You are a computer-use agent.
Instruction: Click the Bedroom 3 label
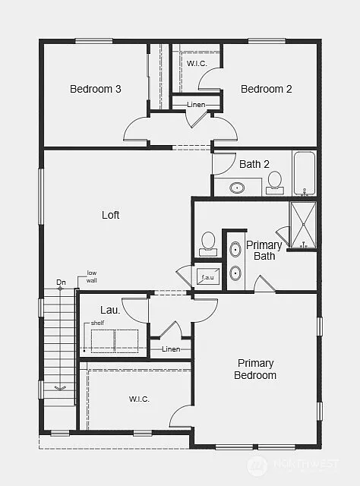pyautogui.click(x=96, y=89)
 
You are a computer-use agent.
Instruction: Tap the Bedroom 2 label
pyautogui.click(x=266, y=89)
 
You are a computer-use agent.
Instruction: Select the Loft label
pyautogui.click(x=111, y=215)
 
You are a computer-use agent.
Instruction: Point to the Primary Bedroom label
pyautogui.click(x=255, y=369)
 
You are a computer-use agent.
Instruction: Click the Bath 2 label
pyautogui.click(x=254, y=164)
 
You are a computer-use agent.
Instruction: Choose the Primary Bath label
pyautogui.click(x=264, y=251)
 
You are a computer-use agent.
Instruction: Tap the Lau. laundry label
pyautogui.click(x=109, y=310)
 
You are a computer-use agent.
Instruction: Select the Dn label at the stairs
pyautogui.click(x=61, y=284)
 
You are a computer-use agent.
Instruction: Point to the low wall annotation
pyautogui.click(x=91, y=276)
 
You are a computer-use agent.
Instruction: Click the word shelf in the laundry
pyautogui.click(x=96, y=323)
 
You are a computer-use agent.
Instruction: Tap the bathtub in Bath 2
pyautogui.click(x=305, y=173)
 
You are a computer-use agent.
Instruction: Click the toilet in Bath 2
pyautogui.click(x=274, y=180)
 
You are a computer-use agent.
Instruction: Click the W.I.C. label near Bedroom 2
pyautogui.click(x=197, y=64)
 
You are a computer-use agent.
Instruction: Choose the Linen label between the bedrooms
pyautogui.click(x=197, y=103)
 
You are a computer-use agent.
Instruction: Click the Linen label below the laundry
pyautogui.click(x=172, y=349)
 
